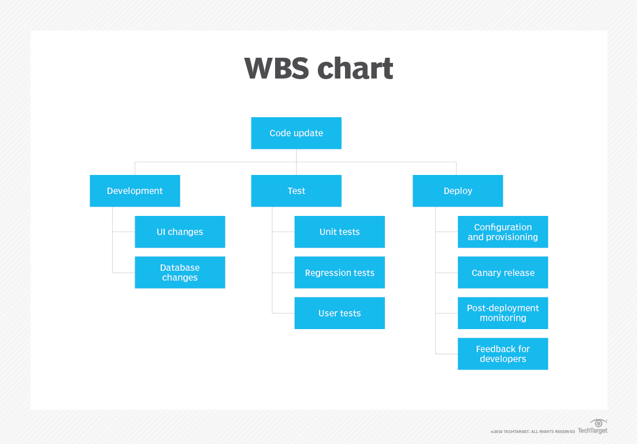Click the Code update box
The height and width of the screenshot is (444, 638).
[x=296, y=133]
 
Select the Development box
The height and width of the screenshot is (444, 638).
[x=135, y=191]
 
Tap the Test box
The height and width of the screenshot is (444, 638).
[x=296, y=191]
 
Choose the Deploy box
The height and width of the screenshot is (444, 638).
[x=458, y=191]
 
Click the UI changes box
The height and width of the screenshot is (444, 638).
[x=180, y=232]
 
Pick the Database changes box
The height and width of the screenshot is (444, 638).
[x=180, y=273]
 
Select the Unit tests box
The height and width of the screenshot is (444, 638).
[x=339, y=232]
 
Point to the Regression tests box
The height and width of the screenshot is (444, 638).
[x=339, y=273]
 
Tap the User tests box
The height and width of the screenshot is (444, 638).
[x=339, y=314]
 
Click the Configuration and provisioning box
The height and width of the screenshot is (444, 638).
[x=503, y=232]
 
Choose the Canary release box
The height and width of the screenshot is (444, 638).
[x=503, y=273]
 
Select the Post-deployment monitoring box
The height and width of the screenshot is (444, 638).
[x=503, y=314]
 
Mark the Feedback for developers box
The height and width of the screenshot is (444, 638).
[x=503, y=354]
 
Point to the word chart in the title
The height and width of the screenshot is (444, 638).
[x=355, y=69]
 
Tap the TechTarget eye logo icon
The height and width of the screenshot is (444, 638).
[x=599, y=423]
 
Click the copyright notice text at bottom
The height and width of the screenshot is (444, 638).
[x=532, y=431]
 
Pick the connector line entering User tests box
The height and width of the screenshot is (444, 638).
[x=283, y=314]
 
